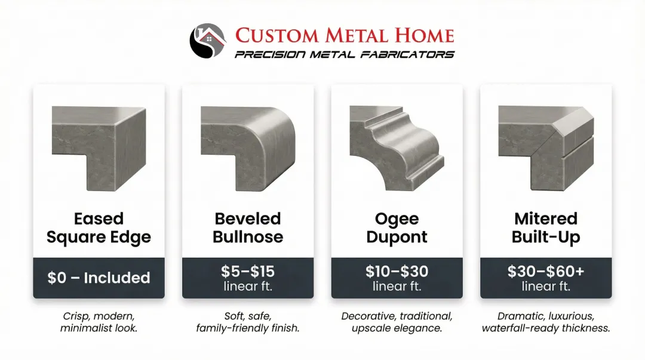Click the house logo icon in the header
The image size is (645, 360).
pyautogui.click(x=207, y=40)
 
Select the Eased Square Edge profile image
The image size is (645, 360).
pyautogui.click(x=99, y=149)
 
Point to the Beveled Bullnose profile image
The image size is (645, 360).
pyautogui.click(x=247, y=149)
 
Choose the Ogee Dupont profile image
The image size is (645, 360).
pyautogui.click(x=397, y=149)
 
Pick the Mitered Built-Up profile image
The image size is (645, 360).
pyautogui.click(x=546, y=149)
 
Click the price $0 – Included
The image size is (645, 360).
pyautogui.click(x=99, y=278)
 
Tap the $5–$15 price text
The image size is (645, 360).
pyautogui.click(x=247, y=272)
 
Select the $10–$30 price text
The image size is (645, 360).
pyautogui.click(x=397, y=272)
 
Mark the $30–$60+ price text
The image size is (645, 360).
pyautogui.click(x=546, y=272)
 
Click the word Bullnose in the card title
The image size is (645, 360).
pyautogui.click(x=247, y=237)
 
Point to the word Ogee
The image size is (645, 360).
pyautogui.click(x=397, y=219)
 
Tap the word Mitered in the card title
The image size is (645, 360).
pyautogui.click(x=546, y=219)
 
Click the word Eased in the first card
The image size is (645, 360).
pyautogui.click(x=99, y=219)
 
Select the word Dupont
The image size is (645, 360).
pyautogui.click(x=397, y=237)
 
